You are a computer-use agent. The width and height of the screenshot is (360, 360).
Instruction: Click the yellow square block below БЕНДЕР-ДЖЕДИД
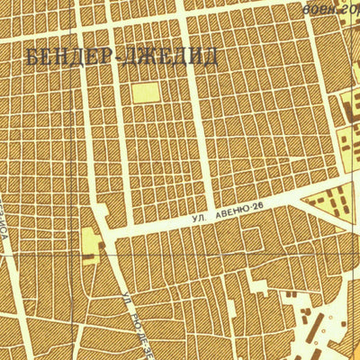pyautogui.click(x=144, y=92)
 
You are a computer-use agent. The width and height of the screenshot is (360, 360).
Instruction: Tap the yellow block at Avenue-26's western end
pyautogui.click(x=90, y=241)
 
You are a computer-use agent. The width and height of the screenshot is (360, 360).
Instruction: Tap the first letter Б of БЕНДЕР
pyautogui.click(x=33, y=58)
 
